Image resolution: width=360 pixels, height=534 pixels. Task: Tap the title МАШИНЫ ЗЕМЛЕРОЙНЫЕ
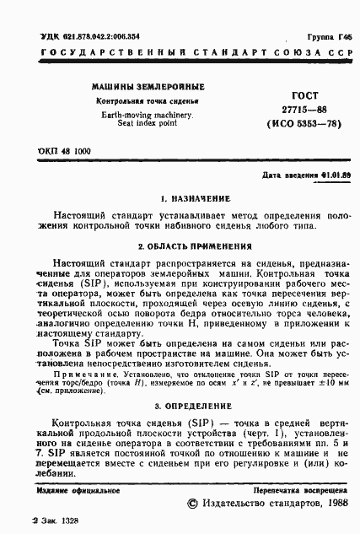pyautogui.click(x=148, y=87)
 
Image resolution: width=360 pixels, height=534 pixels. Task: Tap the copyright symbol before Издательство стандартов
pyautogui.click(x=192, y=504)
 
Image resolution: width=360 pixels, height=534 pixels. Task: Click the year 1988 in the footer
pyautogui.click(x=336, y=504)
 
